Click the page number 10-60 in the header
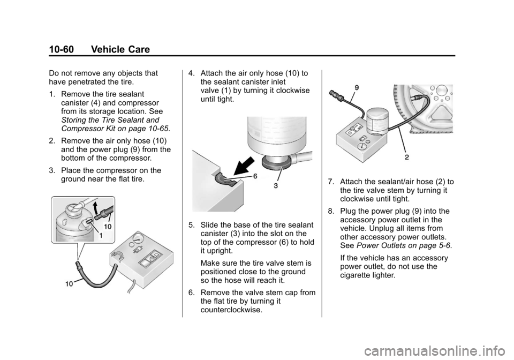pyautogui.click(x=62, y=49)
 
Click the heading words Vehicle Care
pyautogui.click(x=120, y=49)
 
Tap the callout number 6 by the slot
pyautogui.click(x=255, y=176)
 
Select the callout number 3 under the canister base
pyautogui.click(x=276, y=186)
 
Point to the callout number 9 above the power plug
pyautogui.click(x=357, y=87)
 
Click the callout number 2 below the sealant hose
pyautogui.click(x=407, y=157)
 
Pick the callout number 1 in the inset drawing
pyautogui.click(x=101, y=235)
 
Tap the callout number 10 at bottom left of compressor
pyautogui.click(x=69, y=284)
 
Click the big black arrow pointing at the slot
pyautogui.click(x=244, y=166)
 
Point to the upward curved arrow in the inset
pyautogui.click(x=95, y=207)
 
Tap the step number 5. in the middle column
pyautogui.click(x=192, y=225)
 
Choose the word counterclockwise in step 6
pyautogui.click(x=231, y=310)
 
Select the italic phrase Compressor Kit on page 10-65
pyautogui.click(x=116, y=129)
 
